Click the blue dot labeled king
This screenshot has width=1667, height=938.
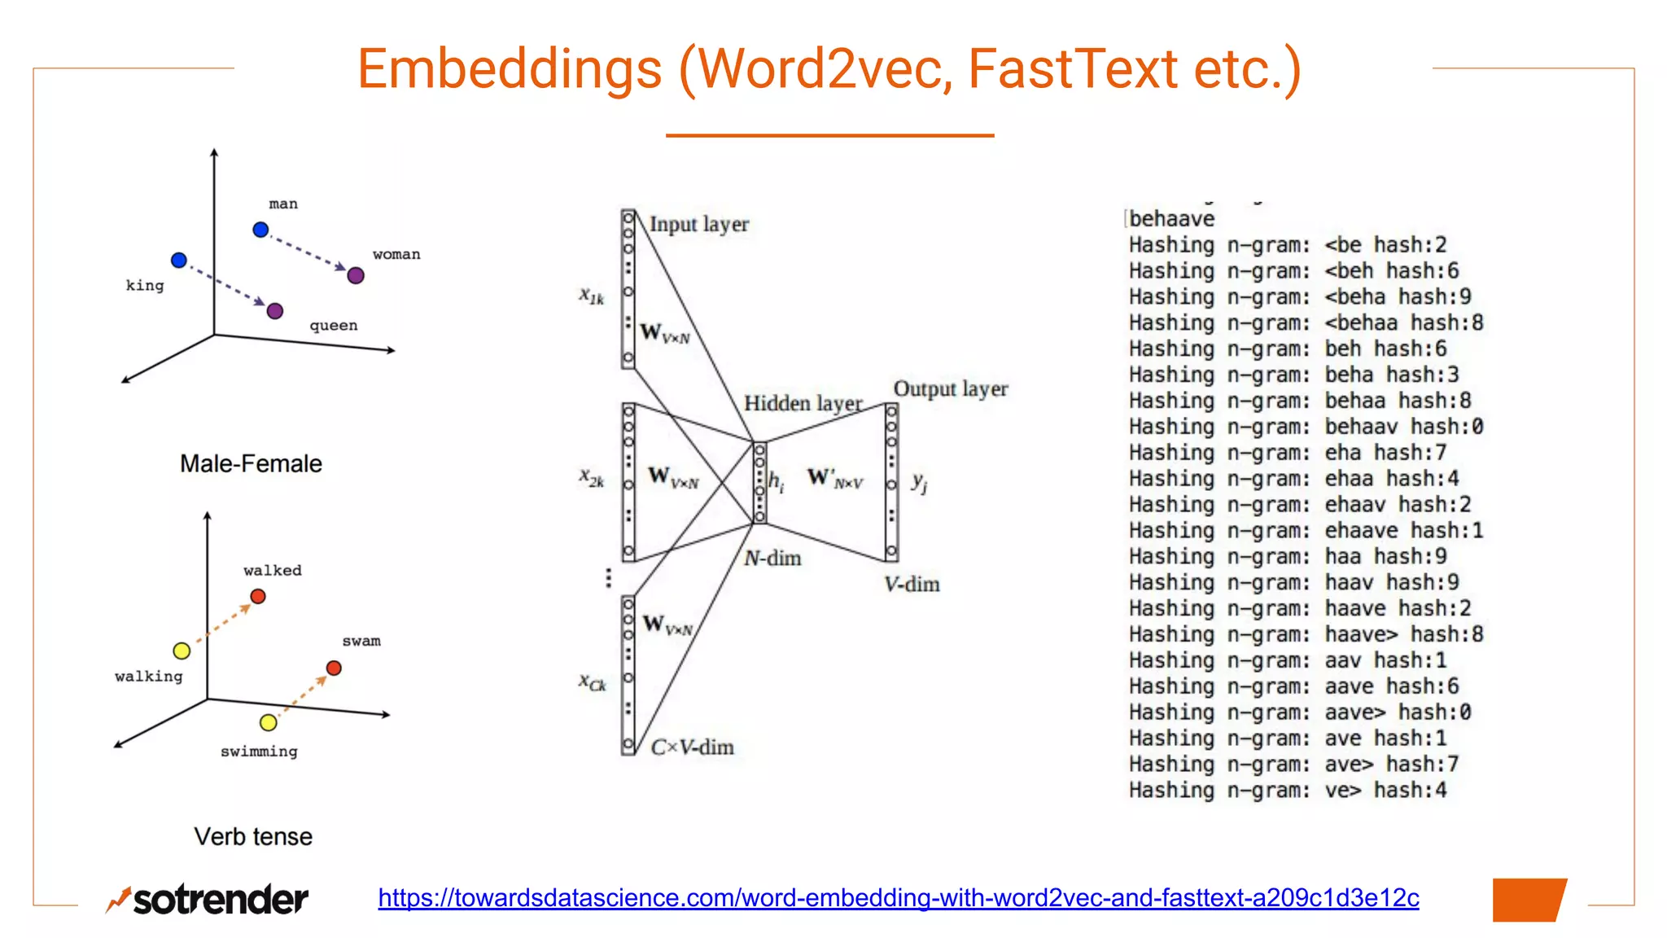pyautogui.click(x=179, y=261)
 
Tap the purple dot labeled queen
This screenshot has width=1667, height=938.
pyautogui.click(x=275, y=311)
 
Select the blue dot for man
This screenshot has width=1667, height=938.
pyautogui.click(x=260, y=230)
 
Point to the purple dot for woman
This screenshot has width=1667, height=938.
pyautogui.click(x=356, y=275)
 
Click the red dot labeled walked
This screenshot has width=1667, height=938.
pyautogui.click(x=258, y=596)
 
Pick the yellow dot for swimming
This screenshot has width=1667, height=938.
pyautogui.click(x=268, y=722)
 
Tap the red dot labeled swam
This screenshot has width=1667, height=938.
pyautogui.click(x=334, y=668)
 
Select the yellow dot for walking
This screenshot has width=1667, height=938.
pyautogui.click(x=182, y=651)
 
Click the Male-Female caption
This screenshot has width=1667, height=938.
pyautogui.click(x=251, y=463)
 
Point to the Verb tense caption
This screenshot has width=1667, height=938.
pyautogui.click(x=253, y=836)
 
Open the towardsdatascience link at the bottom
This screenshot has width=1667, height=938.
pyautogui.click(x=899, y=897)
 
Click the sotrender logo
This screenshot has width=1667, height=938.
pyautogui.click(x=208, y=899)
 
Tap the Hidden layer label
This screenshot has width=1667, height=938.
pyautogui.click(x=803, y=403)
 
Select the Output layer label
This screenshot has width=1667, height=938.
pyautogui.click(x=950, y=388)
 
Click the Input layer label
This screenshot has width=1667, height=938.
pyautogui.click(x=698, y=224)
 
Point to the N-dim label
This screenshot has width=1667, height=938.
pyautogui.click(x=772, y=558)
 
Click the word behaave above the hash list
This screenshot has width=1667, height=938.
pyautogui.click(x=1171, y=218)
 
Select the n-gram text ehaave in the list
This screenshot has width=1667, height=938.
pyautogui.click(x=1361, y=530)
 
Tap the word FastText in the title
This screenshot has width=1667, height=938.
pyautogui.click(x=1072, y=68)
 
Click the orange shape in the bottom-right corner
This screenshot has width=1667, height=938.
pyautogui.click(x=1529, y=900)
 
